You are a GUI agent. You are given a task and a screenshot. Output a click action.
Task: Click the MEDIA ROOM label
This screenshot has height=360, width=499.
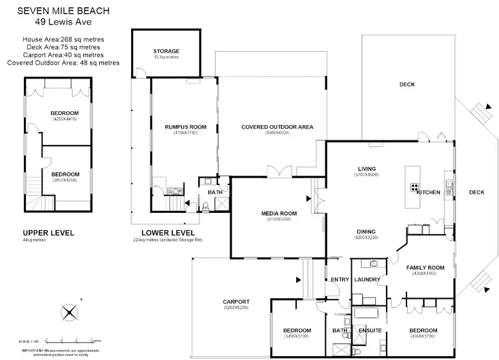[x=279, y=213]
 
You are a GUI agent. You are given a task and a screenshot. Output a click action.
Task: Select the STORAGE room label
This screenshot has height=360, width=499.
[x=166, y=51]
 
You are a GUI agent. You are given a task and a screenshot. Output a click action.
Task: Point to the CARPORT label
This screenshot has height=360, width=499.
[x=236, y=301]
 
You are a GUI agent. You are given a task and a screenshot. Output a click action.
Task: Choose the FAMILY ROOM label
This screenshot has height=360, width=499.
[x=425, y=267]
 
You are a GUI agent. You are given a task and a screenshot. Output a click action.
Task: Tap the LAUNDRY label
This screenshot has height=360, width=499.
[x=367, y=279]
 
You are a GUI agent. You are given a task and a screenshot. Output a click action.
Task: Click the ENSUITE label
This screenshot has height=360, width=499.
[x=370, y=331]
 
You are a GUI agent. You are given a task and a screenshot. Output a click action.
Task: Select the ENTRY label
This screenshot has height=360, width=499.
[x=340, y=279]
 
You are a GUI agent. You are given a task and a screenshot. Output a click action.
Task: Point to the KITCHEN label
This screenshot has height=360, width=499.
[x=428, y=192]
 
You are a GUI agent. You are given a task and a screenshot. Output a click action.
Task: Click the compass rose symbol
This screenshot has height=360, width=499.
[x=69, y=311]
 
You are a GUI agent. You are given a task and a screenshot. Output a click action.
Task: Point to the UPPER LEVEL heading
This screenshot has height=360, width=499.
[x=49, y=232]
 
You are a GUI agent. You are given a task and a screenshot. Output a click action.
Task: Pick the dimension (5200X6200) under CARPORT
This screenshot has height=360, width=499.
[x=236, y=308]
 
